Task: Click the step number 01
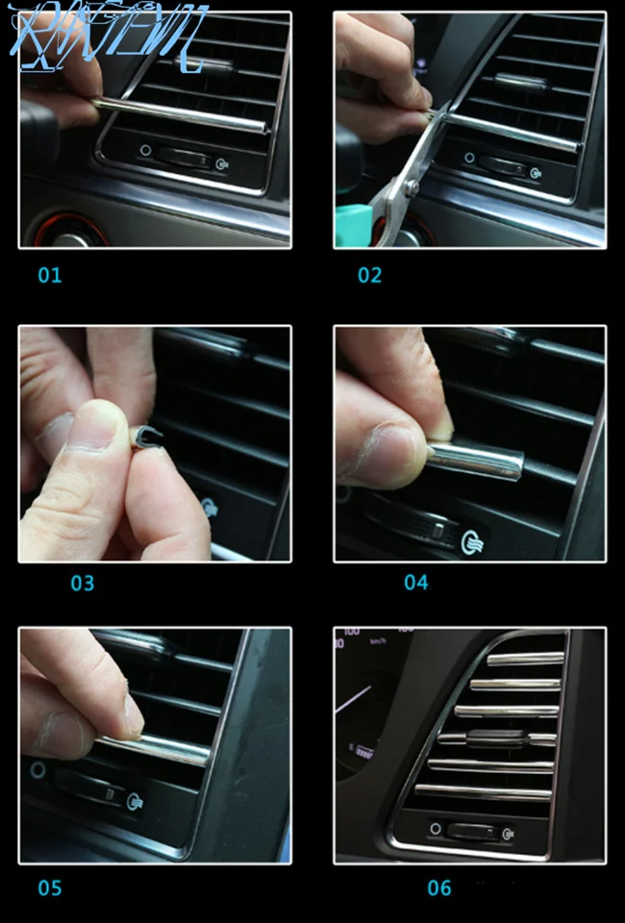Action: [50, 275]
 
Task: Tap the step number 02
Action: [370, 275]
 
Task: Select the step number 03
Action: [83, 583]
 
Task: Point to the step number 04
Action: [416, 583]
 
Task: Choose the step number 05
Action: [50, 887]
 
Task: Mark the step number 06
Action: [439, 887]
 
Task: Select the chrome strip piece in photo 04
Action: [476, 461]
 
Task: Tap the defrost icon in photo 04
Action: [470, 540]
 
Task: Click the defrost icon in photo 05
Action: [136, 800]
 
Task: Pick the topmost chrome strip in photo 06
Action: [525, 660]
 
